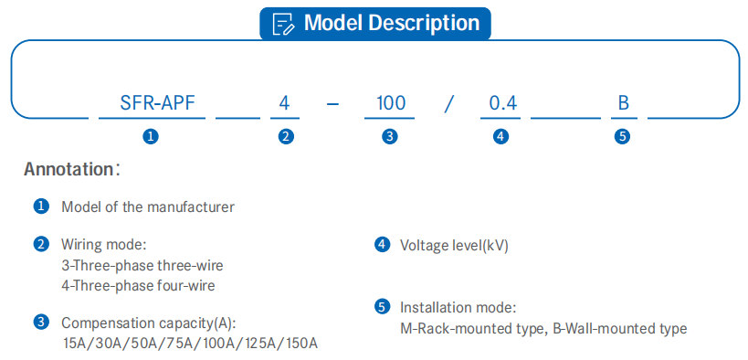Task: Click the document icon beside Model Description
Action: pos(283,24)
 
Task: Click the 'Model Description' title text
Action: pos(392,23)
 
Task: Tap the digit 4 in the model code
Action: pos(284,103)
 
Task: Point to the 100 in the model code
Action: pos(390,103)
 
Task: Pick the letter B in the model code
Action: pos(624,103)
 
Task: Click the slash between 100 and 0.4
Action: pos(448,103)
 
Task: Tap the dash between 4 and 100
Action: pos(332,104)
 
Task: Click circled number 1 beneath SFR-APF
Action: pos(151,137)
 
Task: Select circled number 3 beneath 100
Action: pos(390,137)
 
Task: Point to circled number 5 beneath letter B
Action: pos(623,137)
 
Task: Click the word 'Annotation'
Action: pos(68,169)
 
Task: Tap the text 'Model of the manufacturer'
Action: pos(148,207)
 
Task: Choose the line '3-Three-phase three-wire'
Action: pos(142,265)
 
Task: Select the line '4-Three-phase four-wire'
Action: pos(138,285)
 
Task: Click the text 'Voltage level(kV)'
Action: pos(454,246)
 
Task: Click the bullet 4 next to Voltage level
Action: pos(382,245)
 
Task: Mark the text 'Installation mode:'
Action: pos(458,307)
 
